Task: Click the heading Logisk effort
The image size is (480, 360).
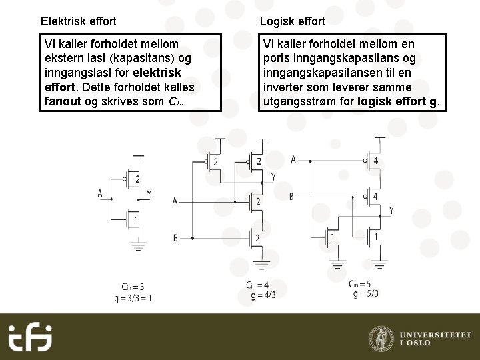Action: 292,21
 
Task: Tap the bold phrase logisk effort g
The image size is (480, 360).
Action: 398,102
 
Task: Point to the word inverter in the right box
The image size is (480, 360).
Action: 285,87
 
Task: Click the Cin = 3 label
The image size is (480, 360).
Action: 133,287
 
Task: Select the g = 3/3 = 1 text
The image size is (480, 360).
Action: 133,298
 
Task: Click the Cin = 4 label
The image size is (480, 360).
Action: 257,285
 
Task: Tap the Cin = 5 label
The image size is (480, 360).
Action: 360,283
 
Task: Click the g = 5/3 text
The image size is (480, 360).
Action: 366,293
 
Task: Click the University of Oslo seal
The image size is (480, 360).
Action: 381,338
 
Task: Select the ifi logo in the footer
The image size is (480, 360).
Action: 30,337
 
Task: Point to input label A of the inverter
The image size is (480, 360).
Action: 100,194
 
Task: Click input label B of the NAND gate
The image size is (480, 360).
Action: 175,238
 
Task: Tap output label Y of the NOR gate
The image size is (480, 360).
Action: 391,211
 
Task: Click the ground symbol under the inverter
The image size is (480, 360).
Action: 138,247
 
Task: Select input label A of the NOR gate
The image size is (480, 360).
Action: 293,160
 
